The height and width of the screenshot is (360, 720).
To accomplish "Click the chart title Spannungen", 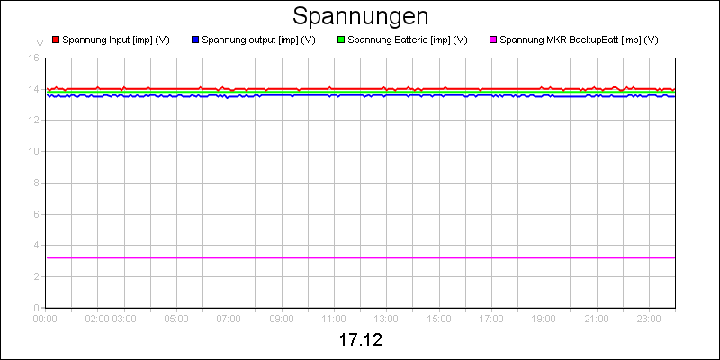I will pyautogui.click(x=360, y=16).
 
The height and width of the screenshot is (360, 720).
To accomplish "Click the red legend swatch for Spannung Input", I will pyautogui.click(x=55, y=40).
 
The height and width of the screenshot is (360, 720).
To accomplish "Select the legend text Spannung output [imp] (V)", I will pyautogui.click(x=258, y=40).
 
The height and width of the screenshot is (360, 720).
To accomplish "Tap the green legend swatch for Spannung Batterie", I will pyautogui.click(x=340, y=40).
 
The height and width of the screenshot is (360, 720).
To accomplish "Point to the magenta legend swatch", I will pyautogui.click(x=492, y=40).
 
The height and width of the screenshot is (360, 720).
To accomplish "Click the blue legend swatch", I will pyautogui.click(x=195, y=40).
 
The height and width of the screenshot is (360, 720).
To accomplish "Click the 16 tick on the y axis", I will pyautogui.click(x=34, y=58).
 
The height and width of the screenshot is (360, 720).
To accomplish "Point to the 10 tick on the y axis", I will pyautogui.click(x=34, y=151).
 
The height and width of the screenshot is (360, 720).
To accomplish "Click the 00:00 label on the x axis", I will pyautogui.click(x=45, y=318).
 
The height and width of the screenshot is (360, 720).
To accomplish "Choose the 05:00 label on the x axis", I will pyautogui.click(x=176, y=318).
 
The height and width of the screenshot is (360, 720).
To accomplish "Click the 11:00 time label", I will pyautogui.click(x=334, y=318).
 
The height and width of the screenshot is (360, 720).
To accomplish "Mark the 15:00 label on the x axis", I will pyautogui.click(x=439, y=318).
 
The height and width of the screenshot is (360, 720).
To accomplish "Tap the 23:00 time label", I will pyautogui.click(x=649, y=318).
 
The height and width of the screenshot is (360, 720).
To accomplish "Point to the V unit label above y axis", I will pyautogui.click(x=39, y=43).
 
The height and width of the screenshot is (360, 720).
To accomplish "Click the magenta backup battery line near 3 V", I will pyautogui.click(x=360, y=257).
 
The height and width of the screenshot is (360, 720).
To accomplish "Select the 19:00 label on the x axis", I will pyautogui.click(x=544, y=318).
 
